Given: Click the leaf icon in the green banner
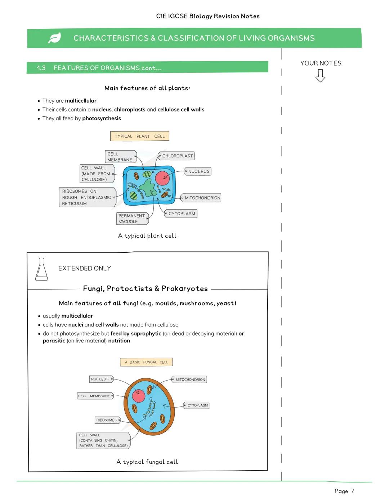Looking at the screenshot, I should (x=55, y=38).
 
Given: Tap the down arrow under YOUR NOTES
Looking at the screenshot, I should (x=320, y=76).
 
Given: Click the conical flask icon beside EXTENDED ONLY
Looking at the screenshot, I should (x=41, y=270).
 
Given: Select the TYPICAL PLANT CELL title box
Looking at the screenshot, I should (x=139, y=136).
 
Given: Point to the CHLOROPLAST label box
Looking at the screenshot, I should (x=176, y=156).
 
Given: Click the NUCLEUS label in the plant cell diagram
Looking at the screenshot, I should (x=198, y=171).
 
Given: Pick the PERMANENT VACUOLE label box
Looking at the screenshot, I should (x=132, y=219).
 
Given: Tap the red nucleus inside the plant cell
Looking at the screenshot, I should (x=162, y=178).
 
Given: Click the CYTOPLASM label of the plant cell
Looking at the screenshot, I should (x=181, y=214).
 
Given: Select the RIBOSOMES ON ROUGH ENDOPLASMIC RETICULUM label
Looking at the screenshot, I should (x=87, y=197).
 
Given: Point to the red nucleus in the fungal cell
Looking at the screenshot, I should (x=138, y=396).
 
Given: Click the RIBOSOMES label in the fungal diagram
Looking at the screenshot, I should (x=107, y=420).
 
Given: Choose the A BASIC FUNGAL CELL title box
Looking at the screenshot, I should (x=146, y=362).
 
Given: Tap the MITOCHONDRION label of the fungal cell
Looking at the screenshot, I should (x=190, y=380).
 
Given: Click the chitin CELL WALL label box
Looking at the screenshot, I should (x=103, y=440).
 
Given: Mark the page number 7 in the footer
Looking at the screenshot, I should (x=353, y=491).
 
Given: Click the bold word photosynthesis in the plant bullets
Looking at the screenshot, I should (x=102, y=118).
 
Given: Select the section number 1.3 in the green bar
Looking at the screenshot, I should (x=41, y=68).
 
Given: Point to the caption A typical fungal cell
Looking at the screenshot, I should (x=147, y=462).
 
